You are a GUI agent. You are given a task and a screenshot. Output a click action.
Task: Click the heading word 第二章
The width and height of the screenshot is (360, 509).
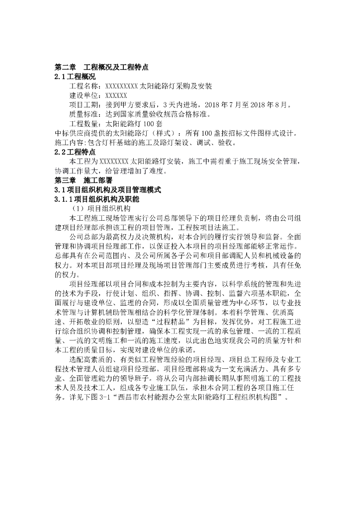pos(65,67)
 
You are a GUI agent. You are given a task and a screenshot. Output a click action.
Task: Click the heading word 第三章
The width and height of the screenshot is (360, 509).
pos(65,180)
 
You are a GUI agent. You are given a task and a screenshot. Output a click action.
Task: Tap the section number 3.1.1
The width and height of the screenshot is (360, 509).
pos(64,199)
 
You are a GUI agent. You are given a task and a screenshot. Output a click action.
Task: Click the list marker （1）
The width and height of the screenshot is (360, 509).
pos(79,208)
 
